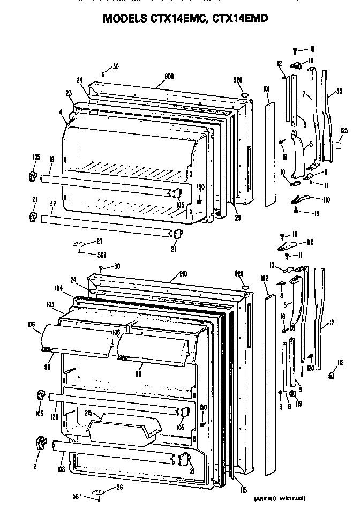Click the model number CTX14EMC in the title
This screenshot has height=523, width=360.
point(177,19)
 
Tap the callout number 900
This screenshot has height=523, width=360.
point(169,77)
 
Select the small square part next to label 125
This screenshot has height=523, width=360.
point(339,144)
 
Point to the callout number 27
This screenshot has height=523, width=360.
point(99,241)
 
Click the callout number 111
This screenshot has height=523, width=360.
point(310,61)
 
